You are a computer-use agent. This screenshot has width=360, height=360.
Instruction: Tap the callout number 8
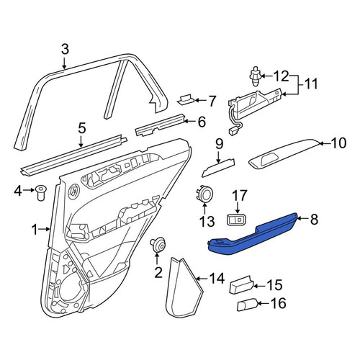pos(314,219)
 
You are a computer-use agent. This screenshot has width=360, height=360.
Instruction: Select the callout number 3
pos(65,50)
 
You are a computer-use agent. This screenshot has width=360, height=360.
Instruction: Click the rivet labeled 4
pos(41,193)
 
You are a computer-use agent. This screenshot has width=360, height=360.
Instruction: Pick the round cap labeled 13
pos(204,194)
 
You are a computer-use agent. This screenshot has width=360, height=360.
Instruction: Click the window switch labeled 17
pos(237,220)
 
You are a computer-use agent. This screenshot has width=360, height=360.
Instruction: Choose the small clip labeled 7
pos(186,99)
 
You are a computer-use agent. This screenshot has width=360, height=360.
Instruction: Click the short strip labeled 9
pos(218,168)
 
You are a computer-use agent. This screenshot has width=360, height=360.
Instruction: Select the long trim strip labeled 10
pos(284,153)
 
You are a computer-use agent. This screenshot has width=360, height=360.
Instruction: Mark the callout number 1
pos(35,230)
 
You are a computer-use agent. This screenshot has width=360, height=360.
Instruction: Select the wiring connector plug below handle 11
pos(233,132)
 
